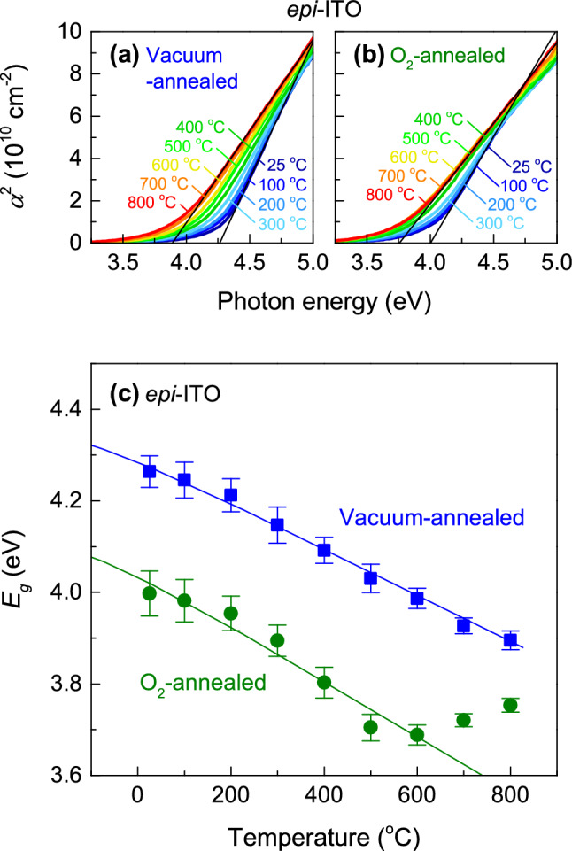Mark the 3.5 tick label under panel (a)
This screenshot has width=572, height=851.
[x=123, y=263]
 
